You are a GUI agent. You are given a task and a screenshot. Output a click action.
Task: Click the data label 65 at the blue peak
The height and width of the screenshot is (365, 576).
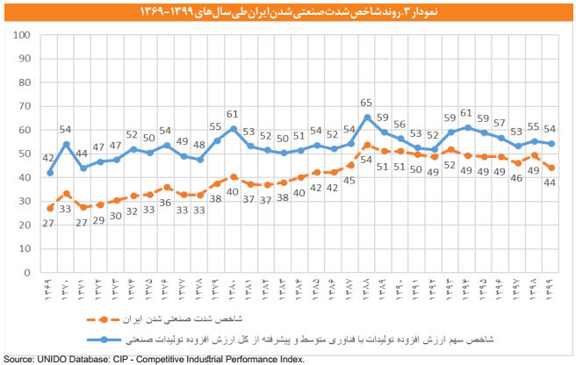[367, 103]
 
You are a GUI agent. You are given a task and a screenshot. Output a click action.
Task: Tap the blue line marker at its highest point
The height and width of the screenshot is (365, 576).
[367, 117]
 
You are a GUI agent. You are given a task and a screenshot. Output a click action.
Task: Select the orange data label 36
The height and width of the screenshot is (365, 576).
[166, 203]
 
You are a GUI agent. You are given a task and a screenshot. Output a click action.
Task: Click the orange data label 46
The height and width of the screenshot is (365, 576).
[517, 178]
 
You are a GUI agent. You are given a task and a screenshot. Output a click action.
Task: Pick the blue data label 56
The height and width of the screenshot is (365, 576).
[400, 124]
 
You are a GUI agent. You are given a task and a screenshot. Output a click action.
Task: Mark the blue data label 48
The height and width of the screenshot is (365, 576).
[199, 145]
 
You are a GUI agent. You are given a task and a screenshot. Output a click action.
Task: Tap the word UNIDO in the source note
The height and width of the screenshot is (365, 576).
[56, 359]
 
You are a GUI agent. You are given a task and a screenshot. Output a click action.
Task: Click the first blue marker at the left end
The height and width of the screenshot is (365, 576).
[49, 173]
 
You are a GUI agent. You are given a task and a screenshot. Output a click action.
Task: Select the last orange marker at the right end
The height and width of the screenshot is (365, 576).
[551, 168]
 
